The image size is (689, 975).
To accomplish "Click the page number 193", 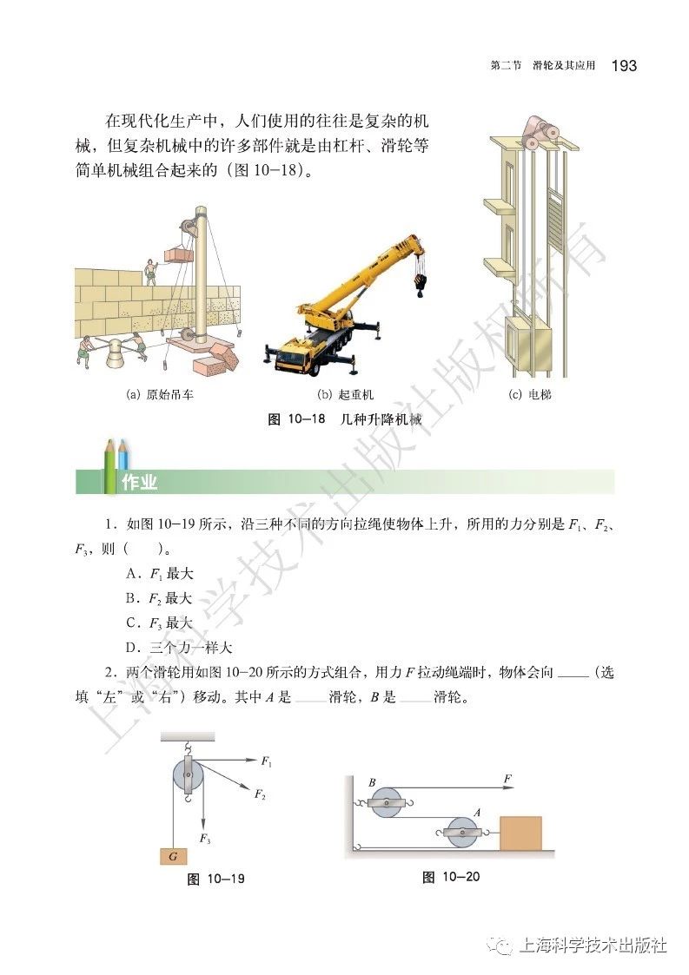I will coord(624,66).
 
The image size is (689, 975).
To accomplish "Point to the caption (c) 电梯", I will coord(529,394).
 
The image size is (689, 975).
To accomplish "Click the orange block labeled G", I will coord(174,856).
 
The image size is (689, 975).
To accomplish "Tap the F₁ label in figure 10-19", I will coord(267,761).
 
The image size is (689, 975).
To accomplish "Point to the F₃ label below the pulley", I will coord(205,839).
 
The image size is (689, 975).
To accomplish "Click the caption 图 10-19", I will coord(216,879).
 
